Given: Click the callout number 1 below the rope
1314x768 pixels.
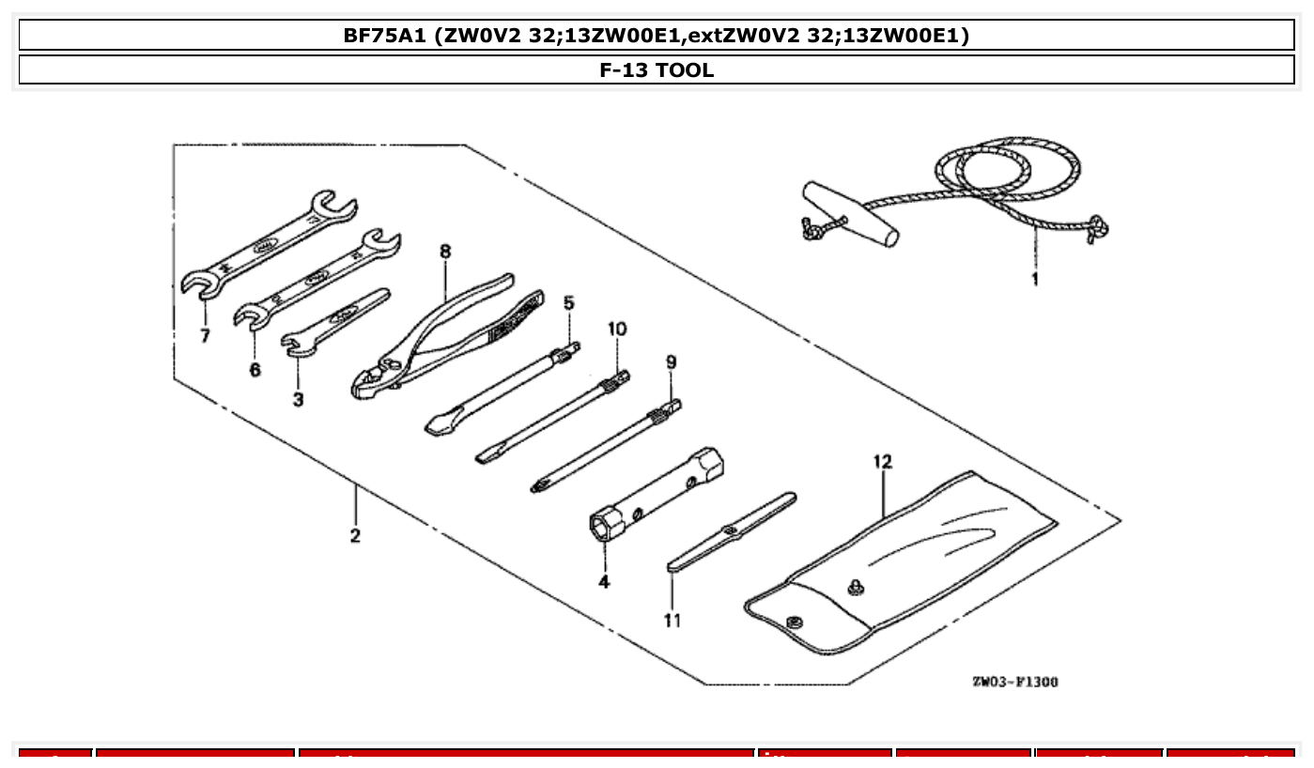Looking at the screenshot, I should coord(1034,280).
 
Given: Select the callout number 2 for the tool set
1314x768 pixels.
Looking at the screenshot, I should coord(355,536).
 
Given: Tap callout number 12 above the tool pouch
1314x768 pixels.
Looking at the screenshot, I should coord(882,462).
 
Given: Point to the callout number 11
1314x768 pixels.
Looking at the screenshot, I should coord(672,621).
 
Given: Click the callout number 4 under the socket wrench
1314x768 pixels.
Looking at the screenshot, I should coord(604,582).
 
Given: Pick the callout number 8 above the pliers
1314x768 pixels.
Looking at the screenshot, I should coord(445,252).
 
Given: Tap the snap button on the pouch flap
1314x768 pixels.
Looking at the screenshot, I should coord(793,621).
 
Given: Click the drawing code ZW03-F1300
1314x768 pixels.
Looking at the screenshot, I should coord(1014,682).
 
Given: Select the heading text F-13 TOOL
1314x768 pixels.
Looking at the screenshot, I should coord(657,70).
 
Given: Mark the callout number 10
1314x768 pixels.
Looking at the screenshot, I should coord(617,330).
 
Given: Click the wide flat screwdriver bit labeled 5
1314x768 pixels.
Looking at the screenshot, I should coord(502,390).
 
